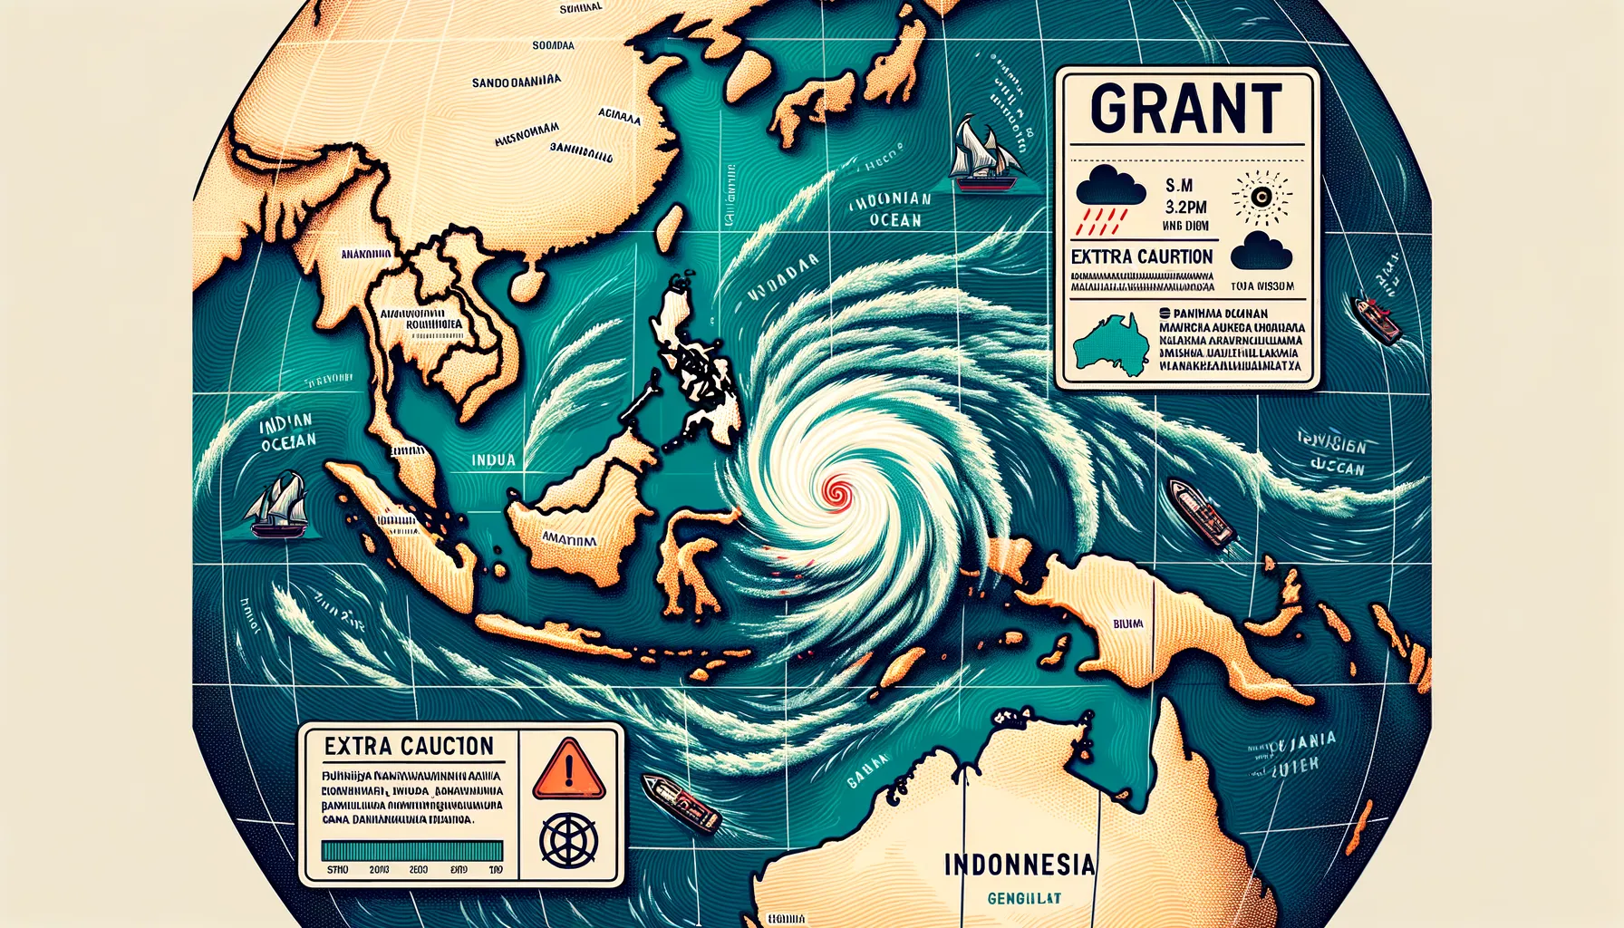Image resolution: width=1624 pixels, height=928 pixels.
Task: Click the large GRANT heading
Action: pyautogui.click(x=1186, y=110)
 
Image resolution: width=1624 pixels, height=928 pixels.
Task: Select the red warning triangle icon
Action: pyautogui.click(x=568, y=768)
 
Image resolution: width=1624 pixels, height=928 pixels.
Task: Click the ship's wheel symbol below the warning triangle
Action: pyautogui.click(x=568, y=838)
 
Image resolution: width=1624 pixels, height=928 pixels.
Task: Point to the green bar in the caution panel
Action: pyautogui.click(x=412, y=850)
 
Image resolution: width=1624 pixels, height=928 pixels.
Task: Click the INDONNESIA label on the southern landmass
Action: pyautogui.click(x=1019, y=864)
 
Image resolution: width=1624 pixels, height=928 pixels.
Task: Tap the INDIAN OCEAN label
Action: pyautogui.click(x=287, y=431)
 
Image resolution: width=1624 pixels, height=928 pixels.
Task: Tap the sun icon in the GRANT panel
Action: pyautogui.click(x=1261, y=198)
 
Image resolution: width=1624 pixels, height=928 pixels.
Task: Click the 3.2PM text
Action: pyautogui.click(x=1185, y=207)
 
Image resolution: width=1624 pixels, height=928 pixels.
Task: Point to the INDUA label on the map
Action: pyautogui.click(x=493, y=459)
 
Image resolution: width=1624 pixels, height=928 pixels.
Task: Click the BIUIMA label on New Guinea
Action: pyautogui.click(x=1127, y=623)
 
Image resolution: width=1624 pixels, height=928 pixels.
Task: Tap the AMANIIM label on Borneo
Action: pyautogui.click(x=568, y=540)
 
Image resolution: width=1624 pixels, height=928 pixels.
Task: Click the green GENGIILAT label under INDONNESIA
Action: pyautogui.click(x=1024, y=898)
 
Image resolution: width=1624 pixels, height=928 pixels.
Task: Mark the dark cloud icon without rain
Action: pyautogui.click(x=1261, y=250)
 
